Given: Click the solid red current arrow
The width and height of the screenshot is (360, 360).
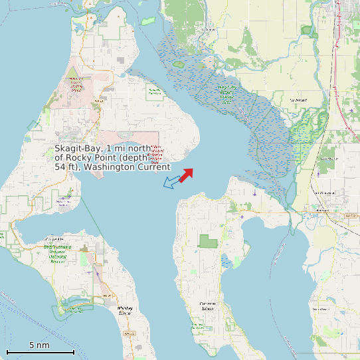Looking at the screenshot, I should pos(186,175).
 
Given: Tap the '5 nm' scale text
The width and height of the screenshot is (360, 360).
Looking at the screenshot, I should pos(39,345).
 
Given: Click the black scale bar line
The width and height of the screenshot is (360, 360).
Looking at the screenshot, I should pos(40,351).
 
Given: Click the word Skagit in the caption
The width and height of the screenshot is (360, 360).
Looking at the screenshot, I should pos(69,149).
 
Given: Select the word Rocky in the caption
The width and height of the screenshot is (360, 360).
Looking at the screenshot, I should pos(78,158).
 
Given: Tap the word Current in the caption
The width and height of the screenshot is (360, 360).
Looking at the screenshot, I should pos(154,167).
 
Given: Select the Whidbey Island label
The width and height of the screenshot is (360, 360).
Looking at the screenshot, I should pos(125,310).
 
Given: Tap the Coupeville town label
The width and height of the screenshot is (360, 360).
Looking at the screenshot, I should pos(54,239).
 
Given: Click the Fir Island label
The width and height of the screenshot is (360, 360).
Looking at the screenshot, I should pos(298,100).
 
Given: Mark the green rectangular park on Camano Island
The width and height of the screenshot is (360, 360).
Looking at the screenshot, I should pos(208,241).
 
